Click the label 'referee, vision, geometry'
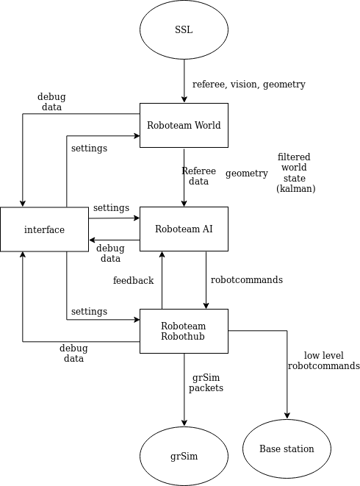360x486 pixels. pos(249,85)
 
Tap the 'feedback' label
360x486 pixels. pos(133,281)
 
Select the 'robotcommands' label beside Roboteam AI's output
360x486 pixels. pos(247,279)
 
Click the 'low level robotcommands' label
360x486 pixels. pos(324,360)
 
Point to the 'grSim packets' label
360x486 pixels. pos(206,383)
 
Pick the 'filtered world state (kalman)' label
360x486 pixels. pos(295,173)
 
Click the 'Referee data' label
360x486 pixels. pos(198,176)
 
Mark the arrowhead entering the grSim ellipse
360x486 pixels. pos(184,423)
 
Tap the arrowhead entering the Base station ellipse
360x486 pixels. pos(287,415)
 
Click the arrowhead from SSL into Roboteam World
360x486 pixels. pos(184,99)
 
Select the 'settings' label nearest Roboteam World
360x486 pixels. pos(89,149)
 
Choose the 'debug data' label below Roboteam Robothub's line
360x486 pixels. pos(73,354)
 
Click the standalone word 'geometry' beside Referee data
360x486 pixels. pos(247,174)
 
